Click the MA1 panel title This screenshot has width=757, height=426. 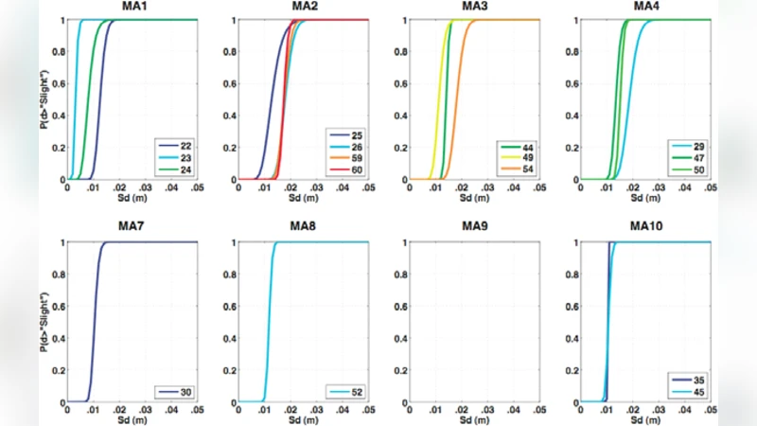coord(132,9)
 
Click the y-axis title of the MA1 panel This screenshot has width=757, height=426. coord(44,99)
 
